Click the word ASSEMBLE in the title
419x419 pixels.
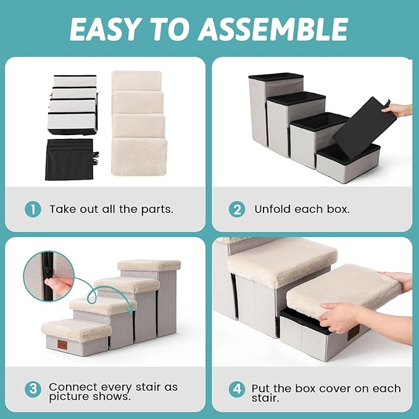click(x=273, y=29)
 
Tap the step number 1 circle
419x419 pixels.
click(x=33, y=209)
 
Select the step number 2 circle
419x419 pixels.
click(x=237, y=209)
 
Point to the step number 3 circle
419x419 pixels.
click(x=33, y=389)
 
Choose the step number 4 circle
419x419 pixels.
click(x=237, y=389)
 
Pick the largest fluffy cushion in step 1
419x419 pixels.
click(x=139, y=157)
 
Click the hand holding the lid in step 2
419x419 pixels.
click(x=399, y=109)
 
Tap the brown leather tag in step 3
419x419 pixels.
click(x=62, y=345)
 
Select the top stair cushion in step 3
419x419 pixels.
click(x=149, y=265)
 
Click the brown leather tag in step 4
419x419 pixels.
click(x=353, y=333)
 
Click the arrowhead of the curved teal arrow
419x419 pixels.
click(x=131, y=310)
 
